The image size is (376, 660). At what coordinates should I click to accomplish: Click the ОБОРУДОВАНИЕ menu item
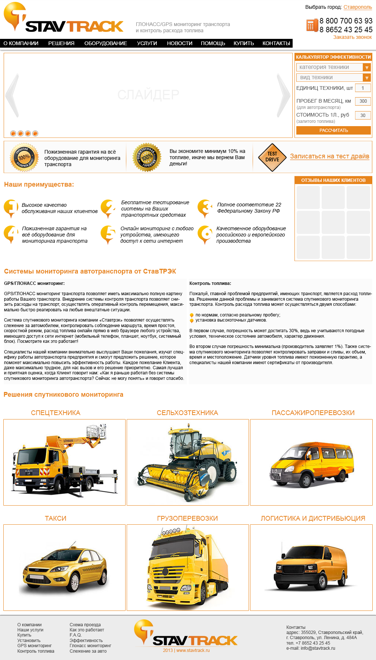[x=105, y=43]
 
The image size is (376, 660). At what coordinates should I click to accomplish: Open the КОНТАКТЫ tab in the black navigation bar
[x=276, y=43]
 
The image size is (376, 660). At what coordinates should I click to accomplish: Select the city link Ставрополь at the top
[x=358, y=7]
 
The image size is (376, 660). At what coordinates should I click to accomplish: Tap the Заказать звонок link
[x=352, y=37]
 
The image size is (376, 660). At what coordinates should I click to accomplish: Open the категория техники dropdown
[x=333, y=67]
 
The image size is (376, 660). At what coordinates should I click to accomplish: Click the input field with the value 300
[x=363, y=101]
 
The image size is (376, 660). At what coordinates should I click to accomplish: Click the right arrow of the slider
[x=283, y=95]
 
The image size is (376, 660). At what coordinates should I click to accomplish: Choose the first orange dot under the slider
[x=13, y=133]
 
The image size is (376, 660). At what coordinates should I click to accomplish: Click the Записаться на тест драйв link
[x=329, y=156]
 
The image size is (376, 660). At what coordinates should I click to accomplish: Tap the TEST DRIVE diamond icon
[x=272, y=157]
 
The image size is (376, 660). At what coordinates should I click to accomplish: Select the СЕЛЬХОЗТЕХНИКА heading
[x=187, y=413]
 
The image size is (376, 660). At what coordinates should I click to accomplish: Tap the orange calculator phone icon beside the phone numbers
[x=312, y=25]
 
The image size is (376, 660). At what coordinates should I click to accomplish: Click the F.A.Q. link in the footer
[x=75, y=635]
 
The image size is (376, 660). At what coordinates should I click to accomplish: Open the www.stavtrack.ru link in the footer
[x=193, y=650]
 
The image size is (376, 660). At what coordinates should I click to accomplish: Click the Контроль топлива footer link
[x=36, y=651]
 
